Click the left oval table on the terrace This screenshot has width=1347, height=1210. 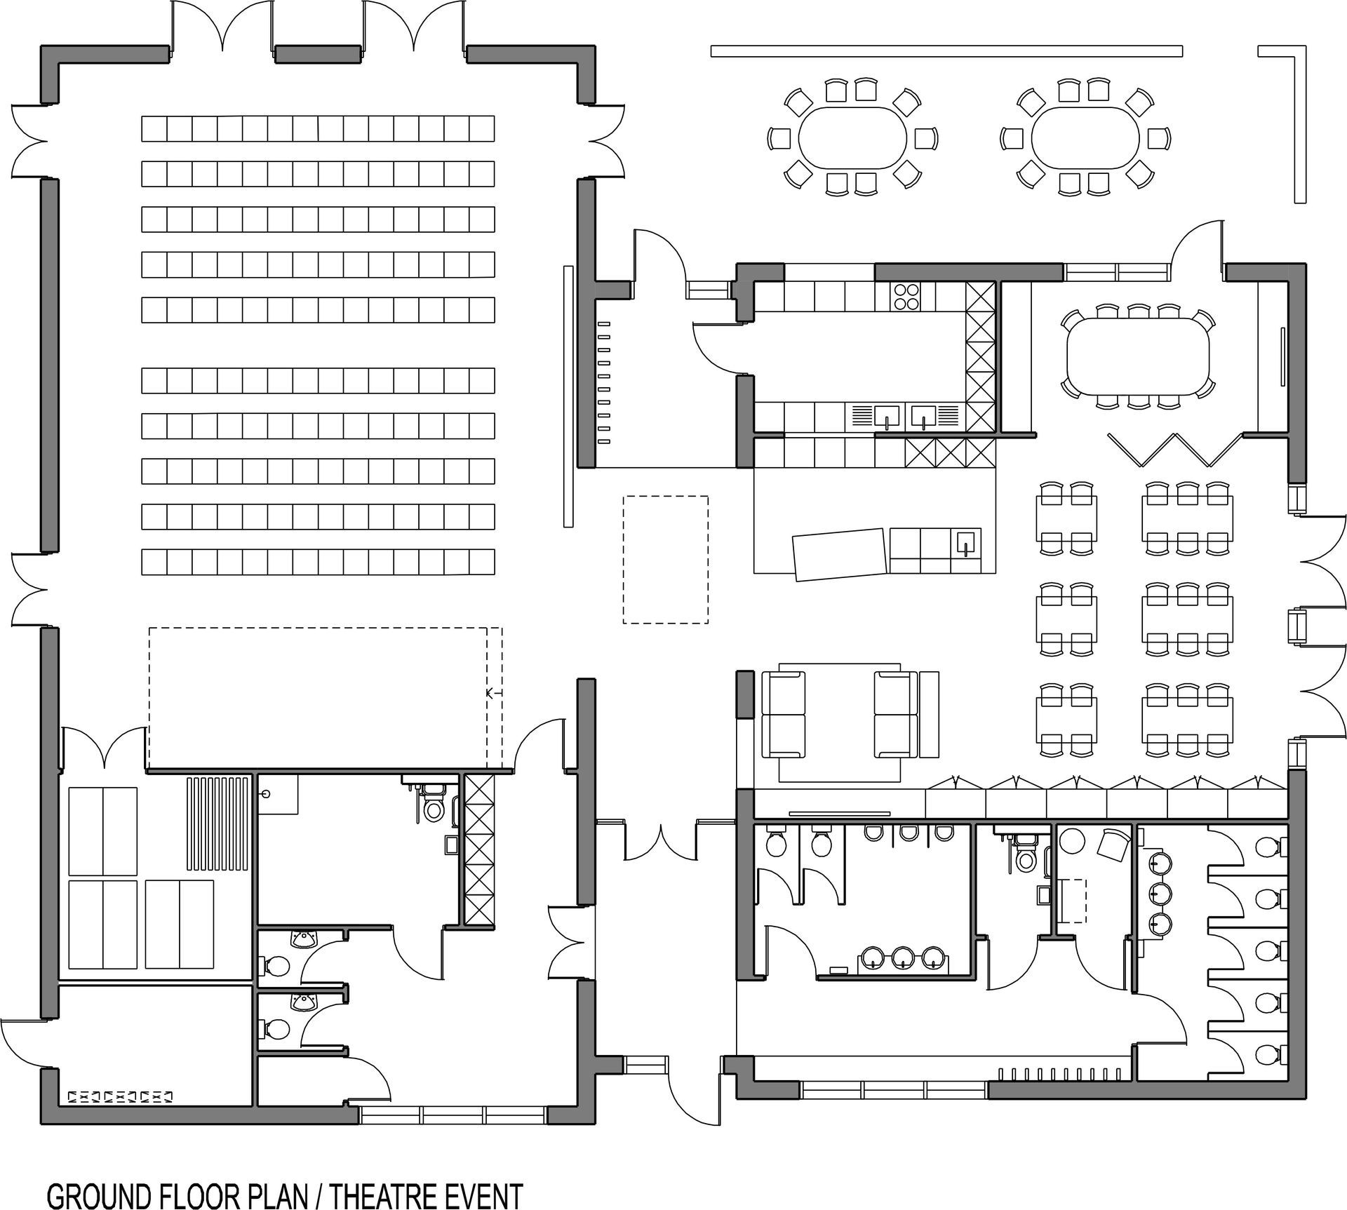tap(853, 138)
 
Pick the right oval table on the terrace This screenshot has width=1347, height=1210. tap(1086, 138)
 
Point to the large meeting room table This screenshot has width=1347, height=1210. tap(1138, 358)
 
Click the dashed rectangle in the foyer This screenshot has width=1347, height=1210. tap(665, 560)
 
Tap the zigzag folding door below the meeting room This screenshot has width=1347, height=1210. tap(1176, 450)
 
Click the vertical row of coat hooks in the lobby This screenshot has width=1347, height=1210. tap(603, 382)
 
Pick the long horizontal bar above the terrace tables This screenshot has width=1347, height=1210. tap(946, 51)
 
